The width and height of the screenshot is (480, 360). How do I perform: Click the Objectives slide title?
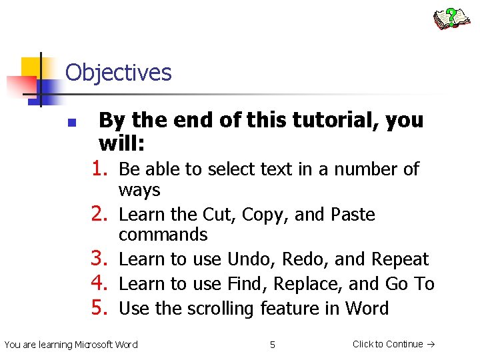119,73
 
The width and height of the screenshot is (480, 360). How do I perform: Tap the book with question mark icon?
451,19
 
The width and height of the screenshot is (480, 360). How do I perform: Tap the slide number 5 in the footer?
272,345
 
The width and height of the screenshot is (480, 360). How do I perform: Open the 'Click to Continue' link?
393,344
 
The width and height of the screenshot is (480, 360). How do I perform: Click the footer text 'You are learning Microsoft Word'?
71,345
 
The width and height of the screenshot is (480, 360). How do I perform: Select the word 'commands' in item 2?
163,235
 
